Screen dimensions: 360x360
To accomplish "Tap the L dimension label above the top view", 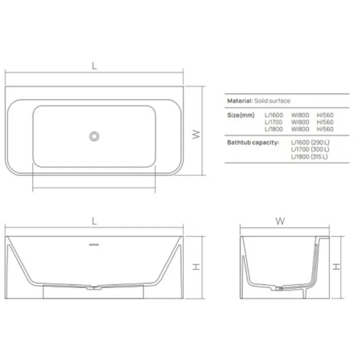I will coord(94,67).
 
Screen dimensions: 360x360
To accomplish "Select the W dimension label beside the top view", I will coord(195,135).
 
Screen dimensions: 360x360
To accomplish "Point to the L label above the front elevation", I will coord(94,220).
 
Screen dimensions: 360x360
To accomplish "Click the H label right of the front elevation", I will coord(195,268).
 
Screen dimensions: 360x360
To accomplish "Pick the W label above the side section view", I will coord(280,220).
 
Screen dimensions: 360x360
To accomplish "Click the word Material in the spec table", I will coord(238,102).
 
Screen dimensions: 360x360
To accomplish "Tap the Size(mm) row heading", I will coord(241,115).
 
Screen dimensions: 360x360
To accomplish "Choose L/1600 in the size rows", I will coord(274,115).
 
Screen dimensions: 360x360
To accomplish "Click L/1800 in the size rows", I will coord(274,129).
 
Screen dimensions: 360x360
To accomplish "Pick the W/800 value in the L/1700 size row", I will coord(300,122).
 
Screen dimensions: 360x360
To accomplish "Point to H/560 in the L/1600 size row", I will coord(325,115).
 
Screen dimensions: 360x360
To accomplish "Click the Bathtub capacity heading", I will coord(253,142).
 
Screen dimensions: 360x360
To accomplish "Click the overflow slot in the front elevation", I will coord(94,244).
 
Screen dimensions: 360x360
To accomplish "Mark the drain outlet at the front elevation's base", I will coord(94,289).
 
